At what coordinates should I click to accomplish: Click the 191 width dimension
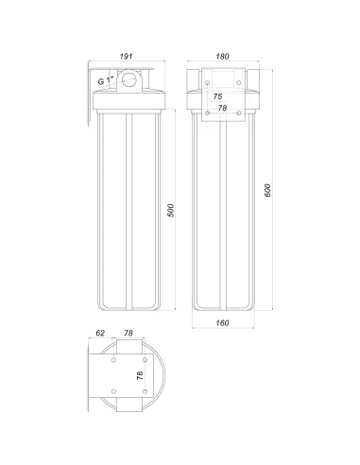[126, 56]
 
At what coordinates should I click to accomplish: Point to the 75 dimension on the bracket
[217, 96]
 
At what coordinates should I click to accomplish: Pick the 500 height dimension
[171, 210]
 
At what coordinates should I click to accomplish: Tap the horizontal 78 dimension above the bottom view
[129, 334]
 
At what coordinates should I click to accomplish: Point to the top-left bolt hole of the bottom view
[113, 360]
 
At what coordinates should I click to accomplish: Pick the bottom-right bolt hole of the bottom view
[145, 391]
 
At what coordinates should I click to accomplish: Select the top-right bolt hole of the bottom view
[145, 360]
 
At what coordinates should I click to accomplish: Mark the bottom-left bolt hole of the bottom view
[113, 391]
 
